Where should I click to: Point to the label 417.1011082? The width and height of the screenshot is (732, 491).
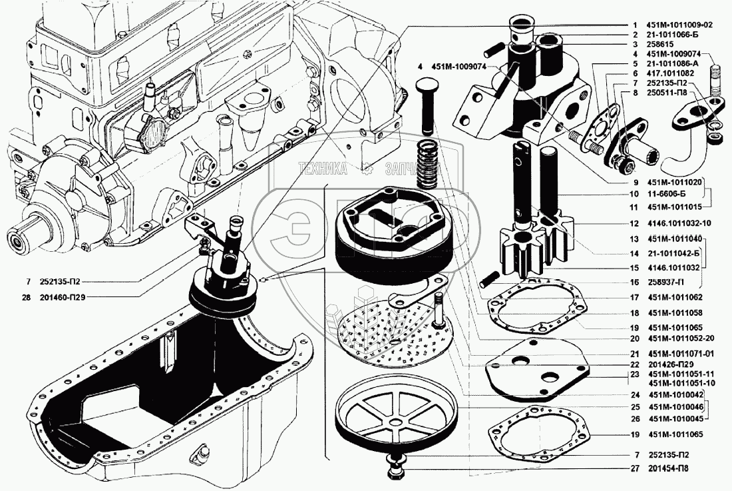click(670, 73)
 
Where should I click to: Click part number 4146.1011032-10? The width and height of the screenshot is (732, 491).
click(679, 223)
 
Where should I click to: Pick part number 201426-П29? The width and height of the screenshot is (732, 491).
click(670, 365)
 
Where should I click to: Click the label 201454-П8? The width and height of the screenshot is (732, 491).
click(668, 468)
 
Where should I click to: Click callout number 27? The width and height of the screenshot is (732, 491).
click(634, 468)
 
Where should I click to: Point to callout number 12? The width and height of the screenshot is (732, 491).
click(634, 223)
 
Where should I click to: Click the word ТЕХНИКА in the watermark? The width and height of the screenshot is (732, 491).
click(323, 169)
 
